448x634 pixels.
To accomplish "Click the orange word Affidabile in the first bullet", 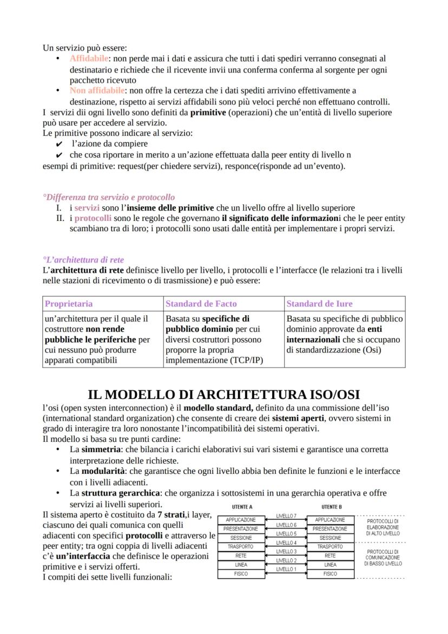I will tap(89, 58).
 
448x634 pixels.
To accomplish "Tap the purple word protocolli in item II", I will tap(93, 218).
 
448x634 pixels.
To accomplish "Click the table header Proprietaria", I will tap(69, 304).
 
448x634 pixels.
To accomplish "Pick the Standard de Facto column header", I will tap(201, 304).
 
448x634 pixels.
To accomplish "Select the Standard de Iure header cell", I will tap(319, 304).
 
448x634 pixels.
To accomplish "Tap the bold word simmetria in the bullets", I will tap(101, 449).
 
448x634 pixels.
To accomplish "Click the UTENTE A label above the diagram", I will tap(241, 507).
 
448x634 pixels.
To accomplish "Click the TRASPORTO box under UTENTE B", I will tap(330, 547).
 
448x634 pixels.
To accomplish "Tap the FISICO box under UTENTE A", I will tap(241, 574).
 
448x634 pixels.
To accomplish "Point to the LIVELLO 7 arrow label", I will tap(286, 516).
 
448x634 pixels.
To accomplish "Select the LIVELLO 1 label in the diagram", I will tap(286, 570).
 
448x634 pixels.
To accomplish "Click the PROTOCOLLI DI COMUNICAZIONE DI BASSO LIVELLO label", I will tap(383, 557).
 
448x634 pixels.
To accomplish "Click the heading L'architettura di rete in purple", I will tap(83, 260).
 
